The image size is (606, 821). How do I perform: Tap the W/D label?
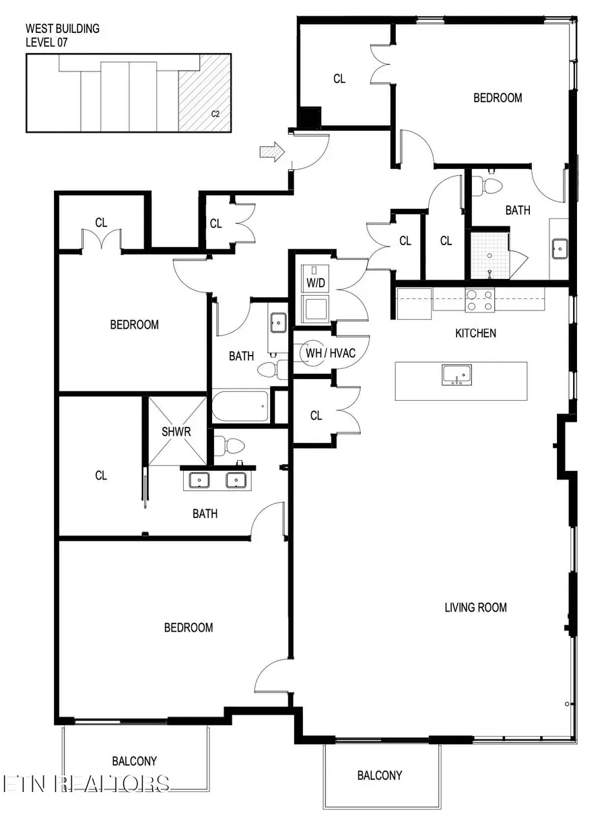pyautogui.click(x=316, y=283)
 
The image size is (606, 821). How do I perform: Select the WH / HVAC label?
pyautogui.click(x=331, y=353)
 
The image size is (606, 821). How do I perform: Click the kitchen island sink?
pyautogui.click(x=457, y=375)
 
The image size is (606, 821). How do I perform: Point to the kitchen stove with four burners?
pyautogui.click(x=480, y=299)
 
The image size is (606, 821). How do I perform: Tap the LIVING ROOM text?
pyautogui.click(x=475, y=607)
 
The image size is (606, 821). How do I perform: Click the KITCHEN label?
pyautogui.click(x=475, y=333)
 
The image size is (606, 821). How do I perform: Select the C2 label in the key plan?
pyautogui.click(x=215, y=114)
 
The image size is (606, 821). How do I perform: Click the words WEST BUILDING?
pyautogui.click(x=62, y=29)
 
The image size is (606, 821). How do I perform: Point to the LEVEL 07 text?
pyautogui.click(x=46, y=42)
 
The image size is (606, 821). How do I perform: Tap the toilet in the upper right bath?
pyautogui.click(x=490, y=185)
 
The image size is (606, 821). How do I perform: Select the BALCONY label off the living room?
pyautogui.click(x=380, y=775)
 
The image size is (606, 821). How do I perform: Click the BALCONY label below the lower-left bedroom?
pyautogui.click(x=134, y=762)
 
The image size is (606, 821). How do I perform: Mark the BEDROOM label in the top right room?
pyautogui.click(x=498, y=98)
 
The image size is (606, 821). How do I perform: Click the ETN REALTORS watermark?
pyautogui.click(x=86, y=783)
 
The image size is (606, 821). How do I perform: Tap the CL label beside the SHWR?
pyautogui.click(x=101, y=475)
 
